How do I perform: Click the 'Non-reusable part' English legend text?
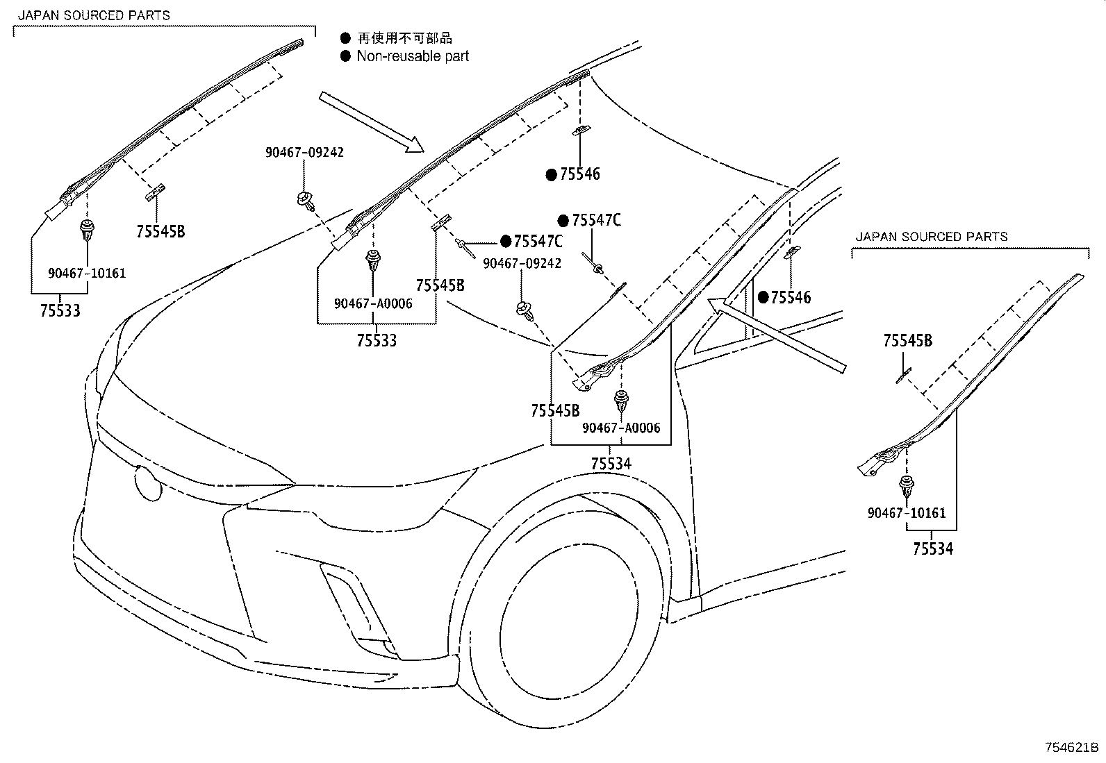(413, 56)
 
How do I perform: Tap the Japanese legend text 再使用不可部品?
(404, 38)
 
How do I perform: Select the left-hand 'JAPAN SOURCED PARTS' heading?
(94, 15)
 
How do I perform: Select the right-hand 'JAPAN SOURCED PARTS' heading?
(931, 237)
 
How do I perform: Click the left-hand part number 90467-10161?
(87, 273)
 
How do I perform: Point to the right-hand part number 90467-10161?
(907, 513)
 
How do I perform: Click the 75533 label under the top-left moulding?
(59, 311)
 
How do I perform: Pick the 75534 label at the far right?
(933, 549)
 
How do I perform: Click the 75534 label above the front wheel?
(611, 463)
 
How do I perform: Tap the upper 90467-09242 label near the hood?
(304, 153)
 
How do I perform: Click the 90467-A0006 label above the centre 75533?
(373, 303)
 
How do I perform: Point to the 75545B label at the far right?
(907, 341)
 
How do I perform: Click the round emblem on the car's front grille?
(147, 480)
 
